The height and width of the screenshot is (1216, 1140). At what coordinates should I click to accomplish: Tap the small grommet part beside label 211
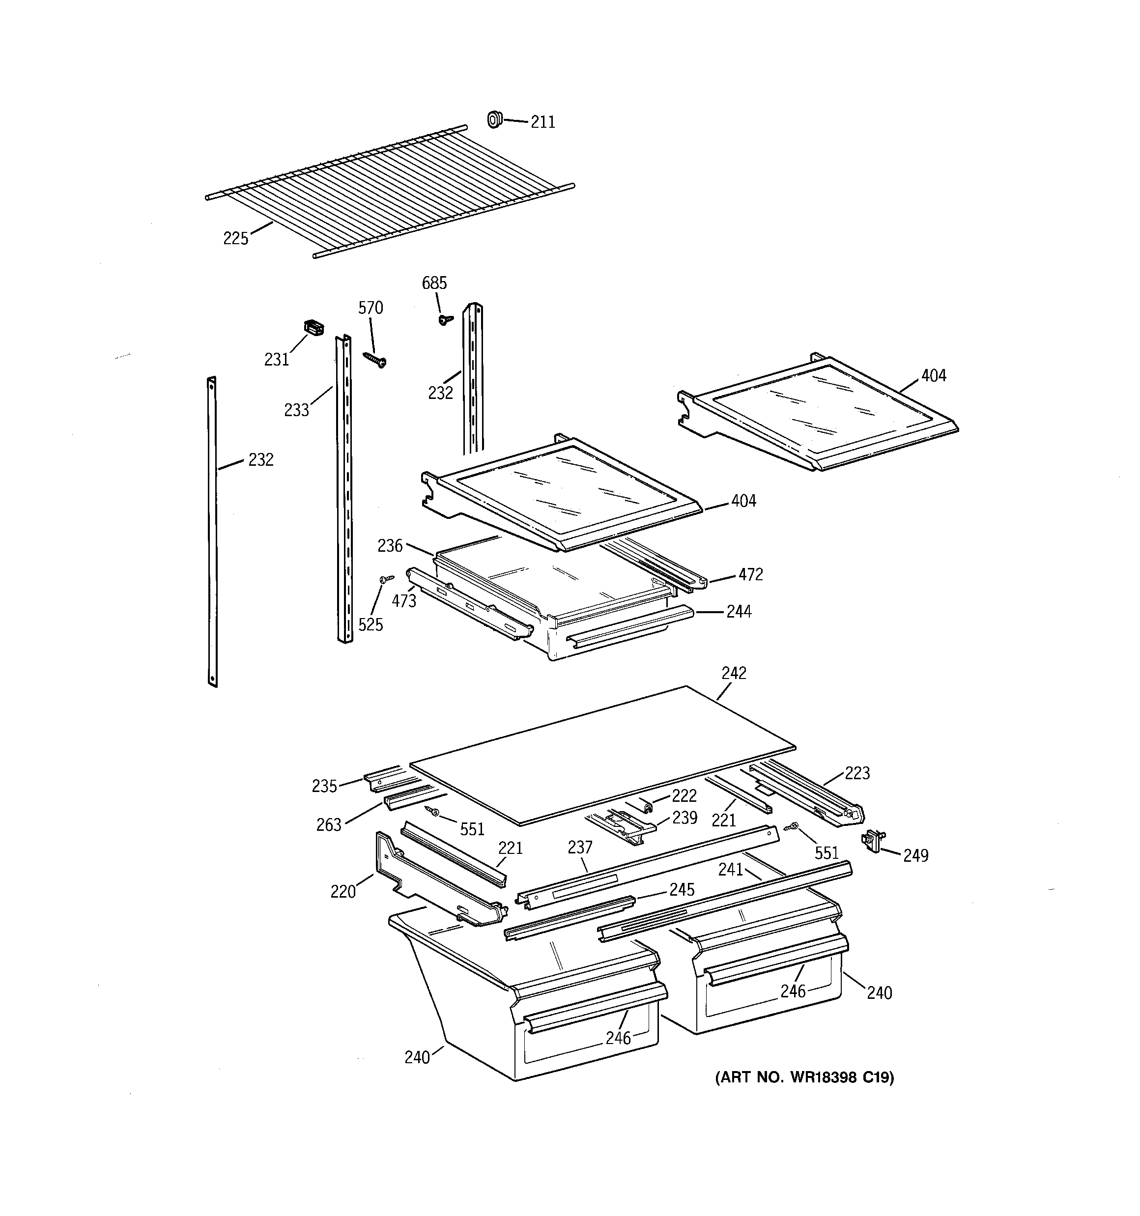[494, 119]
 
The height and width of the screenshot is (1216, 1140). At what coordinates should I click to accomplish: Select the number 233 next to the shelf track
[296, 410]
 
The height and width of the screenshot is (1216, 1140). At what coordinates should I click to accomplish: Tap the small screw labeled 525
[386, 579]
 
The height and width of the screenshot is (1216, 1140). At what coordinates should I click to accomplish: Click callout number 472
[750, 574]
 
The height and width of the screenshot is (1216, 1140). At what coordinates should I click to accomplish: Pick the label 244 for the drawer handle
[739, 611]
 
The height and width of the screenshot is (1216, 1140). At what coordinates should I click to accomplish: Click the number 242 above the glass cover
[734, 673]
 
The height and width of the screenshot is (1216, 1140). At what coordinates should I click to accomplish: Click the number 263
[329, 825]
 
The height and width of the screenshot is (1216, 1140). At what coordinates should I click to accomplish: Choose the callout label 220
[342, 892]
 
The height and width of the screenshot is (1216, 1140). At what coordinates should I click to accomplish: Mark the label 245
[682, 889]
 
